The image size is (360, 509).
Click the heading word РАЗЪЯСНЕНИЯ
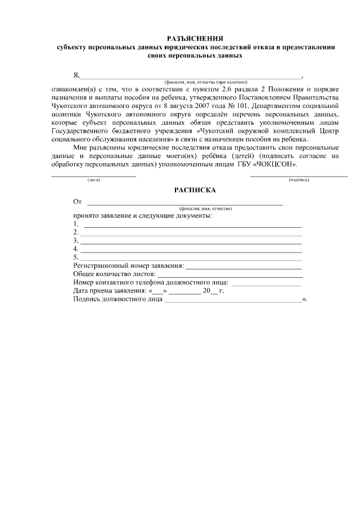195,38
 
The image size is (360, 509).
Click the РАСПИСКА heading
195,191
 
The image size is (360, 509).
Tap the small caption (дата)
93,179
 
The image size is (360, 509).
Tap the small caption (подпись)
299,179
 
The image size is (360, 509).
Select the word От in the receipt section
78,201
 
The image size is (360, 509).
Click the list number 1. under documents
75,224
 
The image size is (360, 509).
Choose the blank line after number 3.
191,241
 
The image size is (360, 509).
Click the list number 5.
75,257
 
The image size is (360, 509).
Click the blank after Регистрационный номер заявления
244,266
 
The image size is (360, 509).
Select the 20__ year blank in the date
210,291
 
